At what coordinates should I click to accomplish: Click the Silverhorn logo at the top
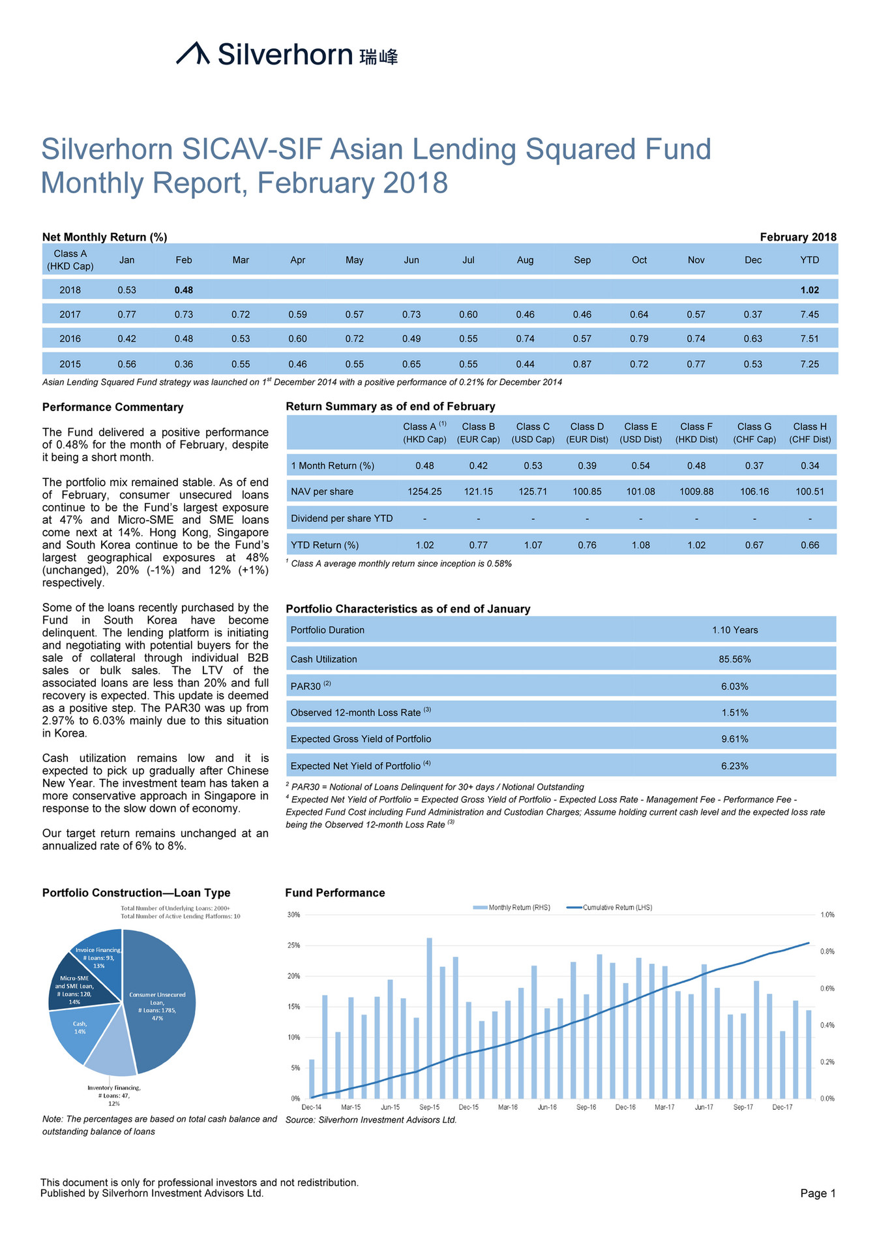pos(287,54)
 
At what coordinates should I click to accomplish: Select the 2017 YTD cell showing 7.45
pos(809,314)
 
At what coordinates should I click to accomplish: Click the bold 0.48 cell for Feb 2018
pos(184,290)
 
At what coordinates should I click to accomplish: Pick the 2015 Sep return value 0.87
pos(582,364)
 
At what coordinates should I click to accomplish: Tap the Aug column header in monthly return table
pos(525,260)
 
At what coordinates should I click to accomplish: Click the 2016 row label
pos(70,339)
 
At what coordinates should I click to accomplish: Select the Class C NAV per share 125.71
pos(533,491)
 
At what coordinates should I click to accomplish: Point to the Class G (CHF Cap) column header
pos(754,433)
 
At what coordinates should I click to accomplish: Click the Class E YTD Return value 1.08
pos(641,545)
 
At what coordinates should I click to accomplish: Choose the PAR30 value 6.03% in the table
pos(734,686)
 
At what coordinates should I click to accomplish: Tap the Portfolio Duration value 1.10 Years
pos(734,630)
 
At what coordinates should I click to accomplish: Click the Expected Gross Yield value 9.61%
pos(734,739)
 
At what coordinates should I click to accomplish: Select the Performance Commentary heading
pos(113,407)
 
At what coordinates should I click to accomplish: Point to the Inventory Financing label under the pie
pos(114,1095)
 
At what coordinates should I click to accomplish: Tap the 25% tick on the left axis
pos(293,945)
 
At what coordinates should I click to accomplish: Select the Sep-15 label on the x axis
pos(429,1107)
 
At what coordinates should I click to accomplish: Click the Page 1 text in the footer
pos(818,1193)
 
